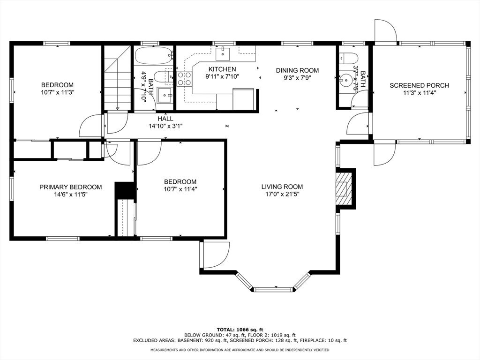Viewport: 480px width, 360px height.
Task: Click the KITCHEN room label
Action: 222,69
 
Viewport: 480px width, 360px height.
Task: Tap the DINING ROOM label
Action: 297,70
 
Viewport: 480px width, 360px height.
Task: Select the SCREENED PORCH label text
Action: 419,85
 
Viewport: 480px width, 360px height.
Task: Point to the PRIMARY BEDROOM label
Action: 70,187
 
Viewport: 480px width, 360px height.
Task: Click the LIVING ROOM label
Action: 282,187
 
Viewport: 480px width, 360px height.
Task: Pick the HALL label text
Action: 165,119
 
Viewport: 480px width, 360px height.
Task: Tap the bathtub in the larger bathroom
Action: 154,55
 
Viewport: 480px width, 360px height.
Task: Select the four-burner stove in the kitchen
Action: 184,78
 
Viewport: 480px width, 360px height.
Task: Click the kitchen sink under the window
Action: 223,53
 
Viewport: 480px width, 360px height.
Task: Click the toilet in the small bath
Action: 348,58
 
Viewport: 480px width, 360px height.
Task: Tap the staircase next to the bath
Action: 118,78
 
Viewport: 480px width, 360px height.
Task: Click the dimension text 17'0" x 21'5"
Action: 282,194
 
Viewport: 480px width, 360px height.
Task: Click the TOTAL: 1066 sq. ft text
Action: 240,330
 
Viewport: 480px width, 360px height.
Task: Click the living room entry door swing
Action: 216,255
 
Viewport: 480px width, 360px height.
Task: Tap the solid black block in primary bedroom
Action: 125,190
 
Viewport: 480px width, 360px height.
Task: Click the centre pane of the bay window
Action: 273,289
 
